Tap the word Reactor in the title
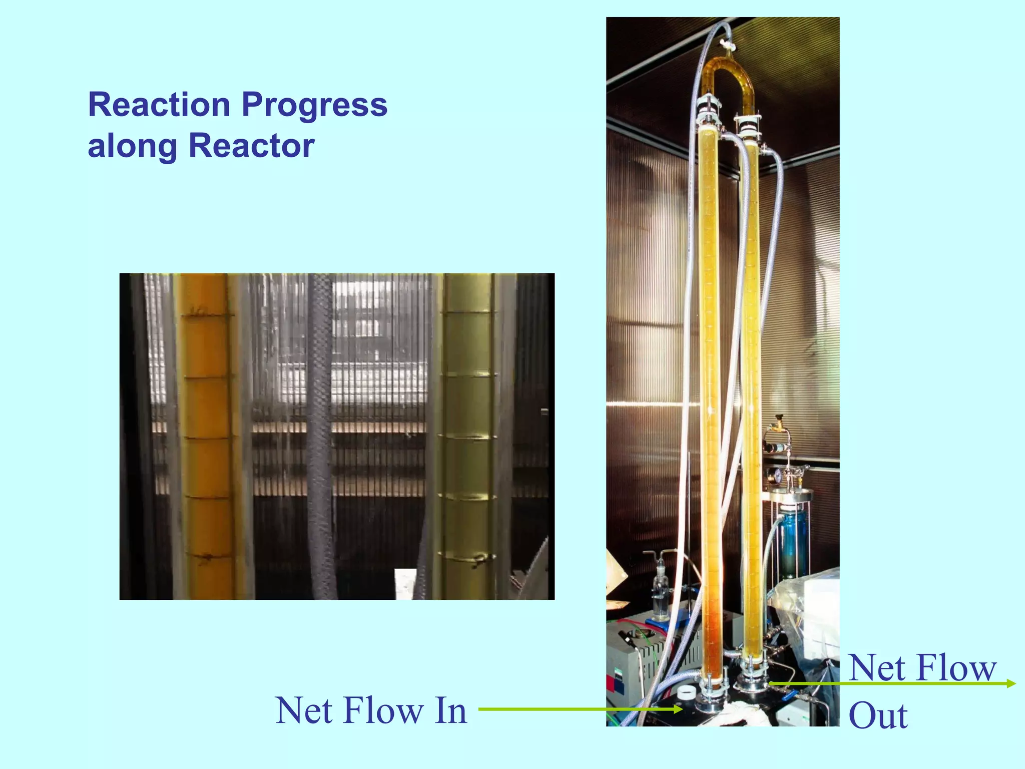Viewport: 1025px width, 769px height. click(251, 146)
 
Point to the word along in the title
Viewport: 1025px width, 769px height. click(132, 146)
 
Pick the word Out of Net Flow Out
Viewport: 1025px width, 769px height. click(878, 716)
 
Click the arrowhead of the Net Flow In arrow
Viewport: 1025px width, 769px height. click(678, 709)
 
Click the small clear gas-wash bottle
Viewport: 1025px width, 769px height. click(661, 596)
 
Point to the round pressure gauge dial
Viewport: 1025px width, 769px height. click(778, 475)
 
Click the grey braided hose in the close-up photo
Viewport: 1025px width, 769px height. click(320, 436)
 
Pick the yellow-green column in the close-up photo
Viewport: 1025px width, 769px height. click(465, 436)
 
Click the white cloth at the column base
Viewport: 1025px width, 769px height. click(746, 713)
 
